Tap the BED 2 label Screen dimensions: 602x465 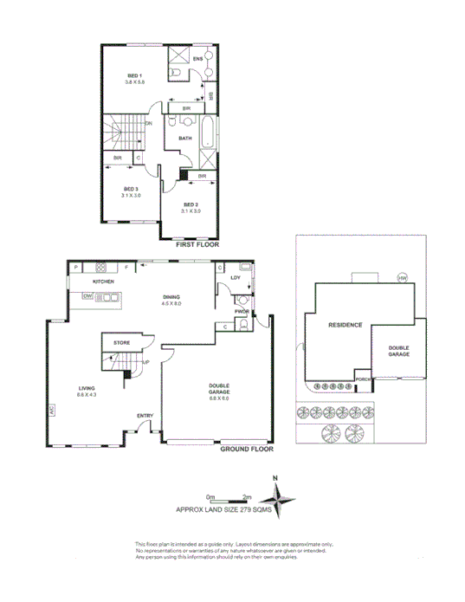(x=190, y=205)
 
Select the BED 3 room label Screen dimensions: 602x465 (x=131, y=189)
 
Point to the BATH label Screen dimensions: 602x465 (x=185, y=139)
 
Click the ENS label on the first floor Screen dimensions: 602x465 (x=197, y=59)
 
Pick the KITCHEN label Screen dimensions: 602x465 (x=105, y=282)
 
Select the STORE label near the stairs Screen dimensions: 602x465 (x=121, y=344)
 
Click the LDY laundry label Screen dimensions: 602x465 (x=235, y=278)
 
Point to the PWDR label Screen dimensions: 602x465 (x=242, y=309)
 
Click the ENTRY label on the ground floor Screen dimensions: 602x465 (x=145, y=417)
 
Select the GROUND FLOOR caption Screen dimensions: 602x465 (x=246, y=450)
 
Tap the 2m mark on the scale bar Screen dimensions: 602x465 (x=247, y=496)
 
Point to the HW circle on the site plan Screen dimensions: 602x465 (x=402, y=278)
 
